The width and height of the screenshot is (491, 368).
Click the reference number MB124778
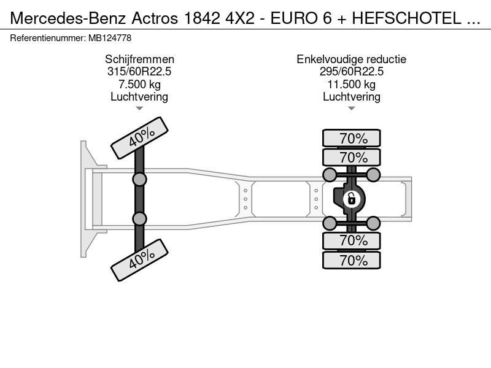(x=110, y=38)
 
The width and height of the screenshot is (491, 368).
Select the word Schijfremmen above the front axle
(x=139, y=59)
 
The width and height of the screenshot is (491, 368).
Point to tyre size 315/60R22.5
(x=139, y=72)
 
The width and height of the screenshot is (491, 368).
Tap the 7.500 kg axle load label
(x=139, y=84)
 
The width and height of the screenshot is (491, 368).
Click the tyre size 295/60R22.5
(x=351, y=72)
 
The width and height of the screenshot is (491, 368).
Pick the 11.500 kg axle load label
(x=351, y=84)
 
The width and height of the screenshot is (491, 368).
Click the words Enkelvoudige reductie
(x=351, y=59)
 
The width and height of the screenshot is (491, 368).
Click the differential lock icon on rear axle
(x=351, y=199)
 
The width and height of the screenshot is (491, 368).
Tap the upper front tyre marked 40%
(x=140, y=138)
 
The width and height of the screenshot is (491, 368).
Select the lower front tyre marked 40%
(x=140, y=260)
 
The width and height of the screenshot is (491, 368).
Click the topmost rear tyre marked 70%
(x=352, y=138)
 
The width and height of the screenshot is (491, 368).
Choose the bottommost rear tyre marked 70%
(x=352, y=260)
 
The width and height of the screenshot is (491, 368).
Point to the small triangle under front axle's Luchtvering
(x=139, y=109)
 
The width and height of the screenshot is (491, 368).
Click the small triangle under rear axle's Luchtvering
(x=351, y=109)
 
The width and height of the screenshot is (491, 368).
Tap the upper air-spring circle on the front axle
(x=139, y=180)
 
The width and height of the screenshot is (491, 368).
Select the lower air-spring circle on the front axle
(x=139, y=219)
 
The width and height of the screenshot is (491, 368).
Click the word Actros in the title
(x=155, y=18)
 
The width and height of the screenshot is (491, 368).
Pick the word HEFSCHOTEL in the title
(x=406, y=18)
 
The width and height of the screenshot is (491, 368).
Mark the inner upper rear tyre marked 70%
(x=352, y=157)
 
